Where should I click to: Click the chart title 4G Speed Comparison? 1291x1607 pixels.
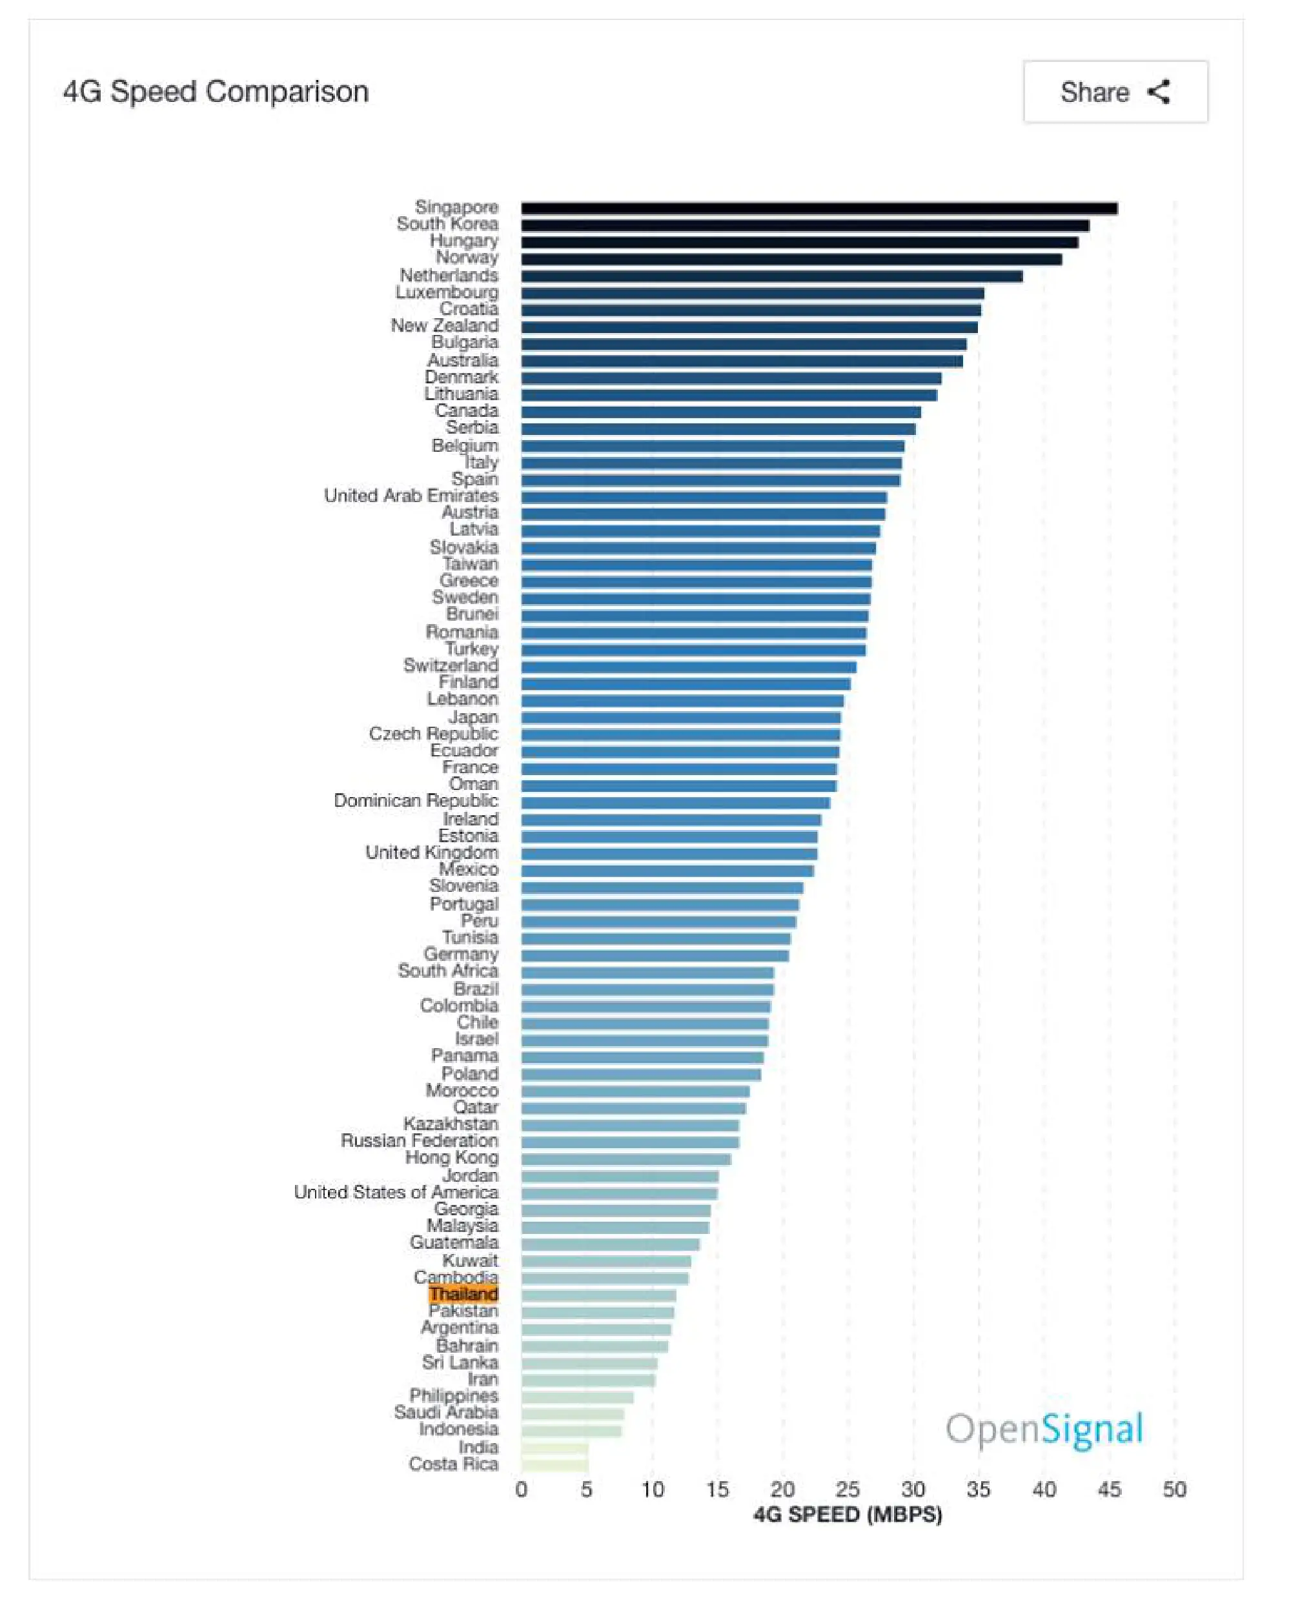216,92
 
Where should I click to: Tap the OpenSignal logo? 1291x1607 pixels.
1044,1430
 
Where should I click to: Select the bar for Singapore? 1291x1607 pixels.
819,208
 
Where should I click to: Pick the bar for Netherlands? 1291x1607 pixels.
771,276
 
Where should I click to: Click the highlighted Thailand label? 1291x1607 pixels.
463,1294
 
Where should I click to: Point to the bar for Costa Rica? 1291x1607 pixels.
554,1464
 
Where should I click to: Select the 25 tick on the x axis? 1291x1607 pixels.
848,1490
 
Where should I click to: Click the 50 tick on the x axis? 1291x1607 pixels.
1174,1490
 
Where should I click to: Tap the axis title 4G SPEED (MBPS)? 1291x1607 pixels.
848,1515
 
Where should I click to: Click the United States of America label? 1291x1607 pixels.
396,1192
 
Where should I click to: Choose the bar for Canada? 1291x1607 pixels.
721,412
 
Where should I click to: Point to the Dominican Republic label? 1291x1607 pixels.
416,800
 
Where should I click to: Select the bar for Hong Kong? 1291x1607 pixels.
626,1158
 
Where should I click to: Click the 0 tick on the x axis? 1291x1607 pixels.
521,1490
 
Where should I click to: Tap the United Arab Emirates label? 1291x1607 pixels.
411,496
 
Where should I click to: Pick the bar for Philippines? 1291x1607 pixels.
577,1397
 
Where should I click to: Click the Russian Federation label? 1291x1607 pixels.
420,1140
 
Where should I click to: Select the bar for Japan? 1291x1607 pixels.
680,717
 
